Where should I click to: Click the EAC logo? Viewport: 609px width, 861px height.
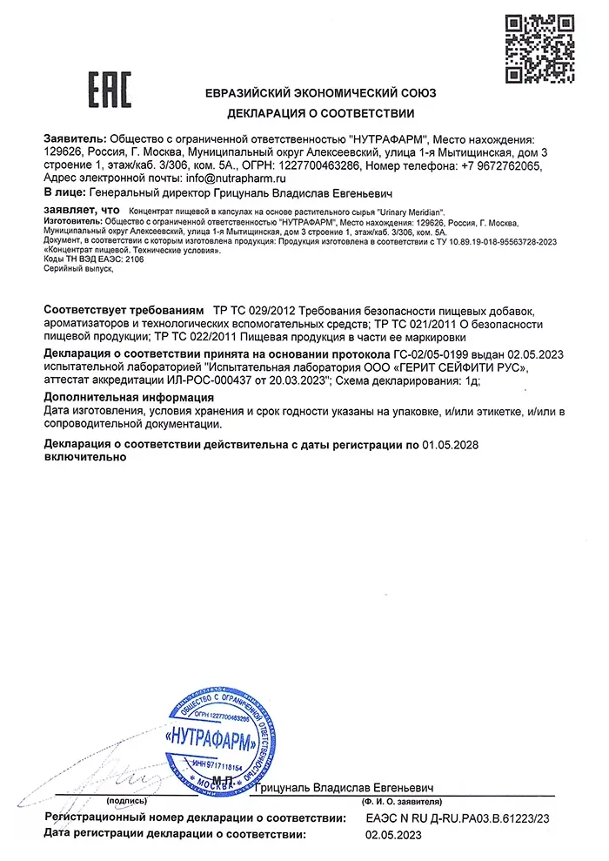(x=110, y=89)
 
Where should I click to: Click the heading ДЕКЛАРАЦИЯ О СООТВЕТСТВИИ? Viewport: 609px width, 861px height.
(x=321, y=113)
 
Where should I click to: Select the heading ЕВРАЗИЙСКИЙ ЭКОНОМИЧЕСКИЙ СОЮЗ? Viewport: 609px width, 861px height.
(x=321, y=92)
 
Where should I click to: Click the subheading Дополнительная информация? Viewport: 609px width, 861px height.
(x=129, y=397)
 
